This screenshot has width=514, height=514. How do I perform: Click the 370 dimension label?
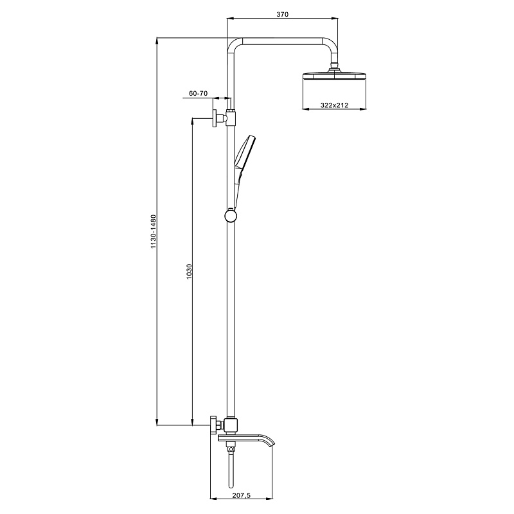click(282, 14)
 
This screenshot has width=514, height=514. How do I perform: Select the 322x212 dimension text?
click(334, 105)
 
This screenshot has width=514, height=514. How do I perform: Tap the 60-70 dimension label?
click(199, 93)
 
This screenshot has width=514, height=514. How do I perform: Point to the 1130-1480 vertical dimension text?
click(154, 231)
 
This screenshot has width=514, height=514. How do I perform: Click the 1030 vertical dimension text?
click(189, 271)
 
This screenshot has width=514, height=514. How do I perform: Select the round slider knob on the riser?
click(231, 216)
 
